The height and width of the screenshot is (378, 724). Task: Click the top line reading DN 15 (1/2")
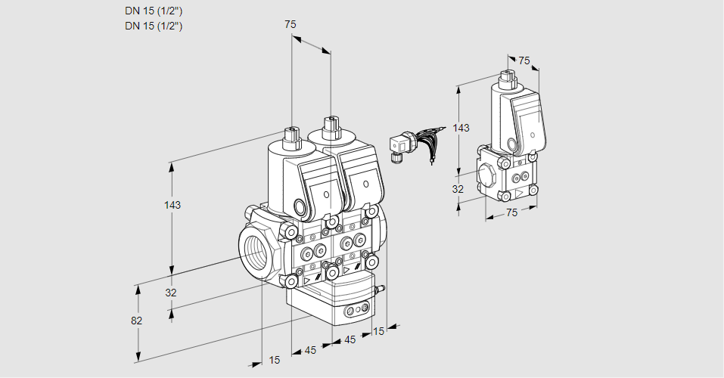pos(154,11)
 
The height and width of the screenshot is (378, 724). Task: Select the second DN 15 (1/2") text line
pos(154,26)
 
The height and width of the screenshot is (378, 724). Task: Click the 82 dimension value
pos(136,321)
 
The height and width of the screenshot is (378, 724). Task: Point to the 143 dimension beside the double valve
pos(172,205)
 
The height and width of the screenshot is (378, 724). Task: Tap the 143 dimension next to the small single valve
pos(461,129)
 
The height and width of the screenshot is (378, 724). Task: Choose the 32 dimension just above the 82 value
pos(171,293)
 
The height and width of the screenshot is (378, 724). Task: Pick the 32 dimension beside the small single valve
pos(458,189)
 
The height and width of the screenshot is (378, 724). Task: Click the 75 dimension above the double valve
pos(290,25)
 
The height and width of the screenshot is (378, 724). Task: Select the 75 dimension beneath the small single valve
pos(511,213)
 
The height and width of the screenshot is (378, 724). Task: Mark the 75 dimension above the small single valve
pos(524,60)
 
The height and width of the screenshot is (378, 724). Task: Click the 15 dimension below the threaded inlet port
pos(274,360)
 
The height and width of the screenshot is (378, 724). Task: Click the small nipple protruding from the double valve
pos(382,288)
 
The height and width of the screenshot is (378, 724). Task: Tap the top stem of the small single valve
pos(508,78)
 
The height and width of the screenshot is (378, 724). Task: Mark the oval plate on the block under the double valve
pos(355,311)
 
